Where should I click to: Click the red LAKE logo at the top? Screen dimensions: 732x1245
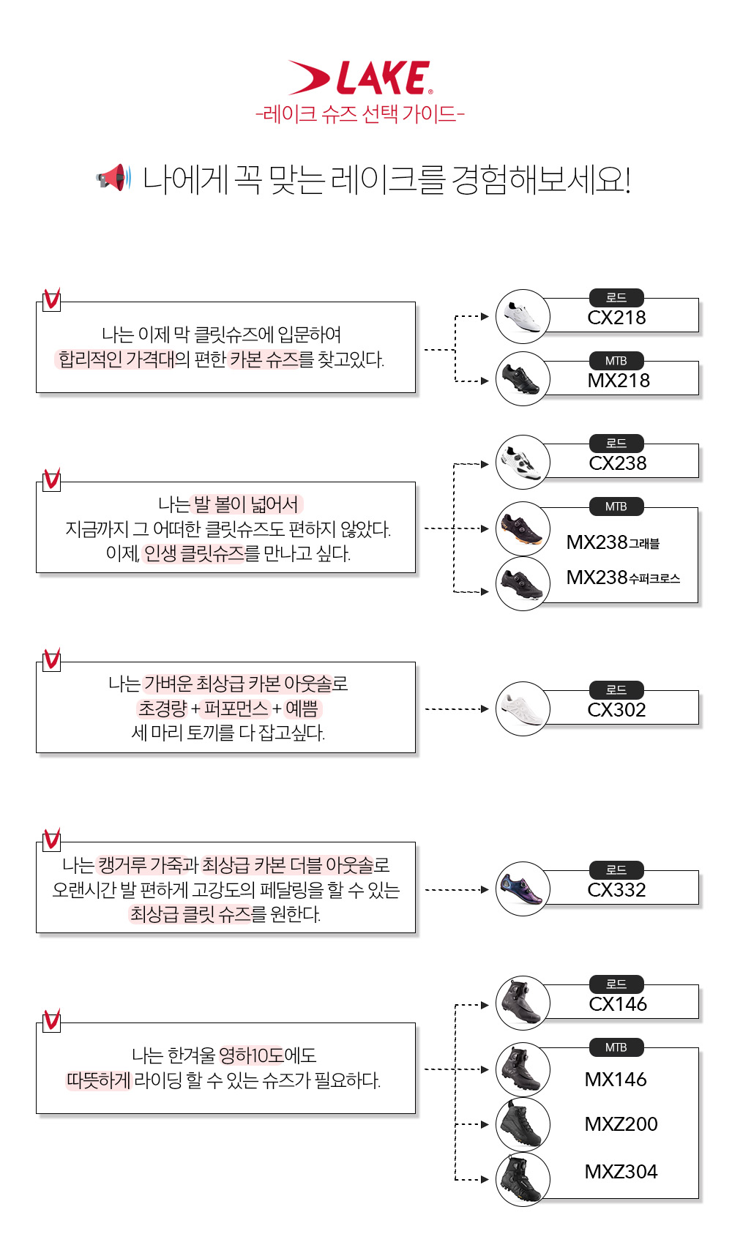359,78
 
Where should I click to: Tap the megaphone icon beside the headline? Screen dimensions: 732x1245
113,178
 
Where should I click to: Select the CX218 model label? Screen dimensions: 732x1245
616,318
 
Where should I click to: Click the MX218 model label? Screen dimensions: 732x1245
619,381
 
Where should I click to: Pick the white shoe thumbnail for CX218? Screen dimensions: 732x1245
523,316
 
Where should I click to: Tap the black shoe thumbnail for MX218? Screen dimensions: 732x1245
523,378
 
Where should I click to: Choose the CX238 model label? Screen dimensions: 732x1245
618,463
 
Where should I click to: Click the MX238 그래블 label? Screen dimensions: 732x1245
613,542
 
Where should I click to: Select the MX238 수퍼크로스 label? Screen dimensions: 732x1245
623,577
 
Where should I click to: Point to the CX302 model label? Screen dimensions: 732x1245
616,710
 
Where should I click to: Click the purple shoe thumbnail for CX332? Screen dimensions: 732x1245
523,889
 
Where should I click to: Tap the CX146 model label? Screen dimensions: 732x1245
618,1004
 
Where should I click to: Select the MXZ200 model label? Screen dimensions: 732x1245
621,1124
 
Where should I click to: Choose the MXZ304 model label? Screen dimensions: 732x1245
621,1172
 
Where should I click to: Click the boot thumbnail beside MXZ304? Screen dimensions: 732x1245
523,1179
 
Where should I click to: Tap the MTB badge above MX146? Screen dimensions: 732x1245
616,1047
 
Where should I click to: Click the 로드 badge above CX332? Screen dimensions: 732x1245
616,870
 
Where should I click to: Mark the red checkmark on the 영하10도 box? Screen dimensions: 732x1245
52,1020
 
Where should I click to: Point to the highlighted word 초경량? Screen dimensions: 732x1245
163,708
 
